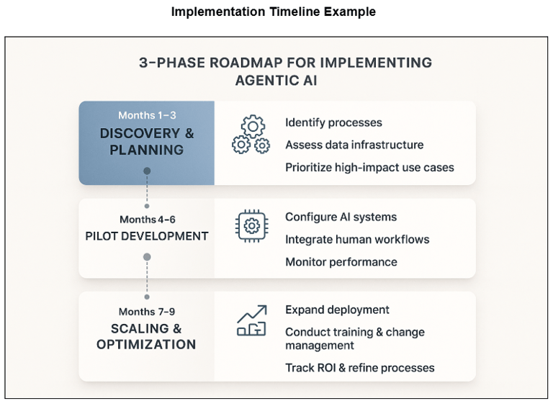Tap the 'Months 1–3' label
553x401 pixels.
click(147, 115)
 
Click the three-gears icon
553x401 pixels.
click(251, 135)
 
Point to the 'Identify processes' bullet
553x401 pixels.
click(333, 122)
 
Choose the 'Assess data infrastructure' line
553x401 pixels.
click(354, 145)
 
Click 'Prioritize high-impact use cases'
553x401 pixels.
click(369, 167)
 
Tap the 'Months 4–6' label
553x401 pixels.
click(147, 219)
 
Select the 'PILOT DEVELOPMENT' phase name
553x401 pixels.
click(147, 236)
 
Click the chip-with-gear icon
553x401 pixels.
click(251, 227)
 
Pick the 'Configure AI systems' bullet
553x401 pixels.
click(341, 217)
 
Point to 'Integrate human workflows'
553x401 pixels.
click(357, 239)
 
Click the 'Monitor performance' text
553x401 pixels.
click(341, 261)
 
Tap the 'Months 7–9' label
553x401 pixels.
click(147, 312)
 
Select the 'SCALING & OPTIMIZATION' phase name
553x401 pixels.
click(147, 336)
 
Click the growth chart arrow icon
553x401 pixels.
click(251, 321)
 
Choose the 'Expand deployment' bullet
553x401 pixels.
click(337, 310)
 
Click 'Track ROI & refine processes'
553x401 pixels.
click(359, 367)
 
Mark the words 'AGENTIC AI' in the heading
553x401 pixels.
click(276, 81)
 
